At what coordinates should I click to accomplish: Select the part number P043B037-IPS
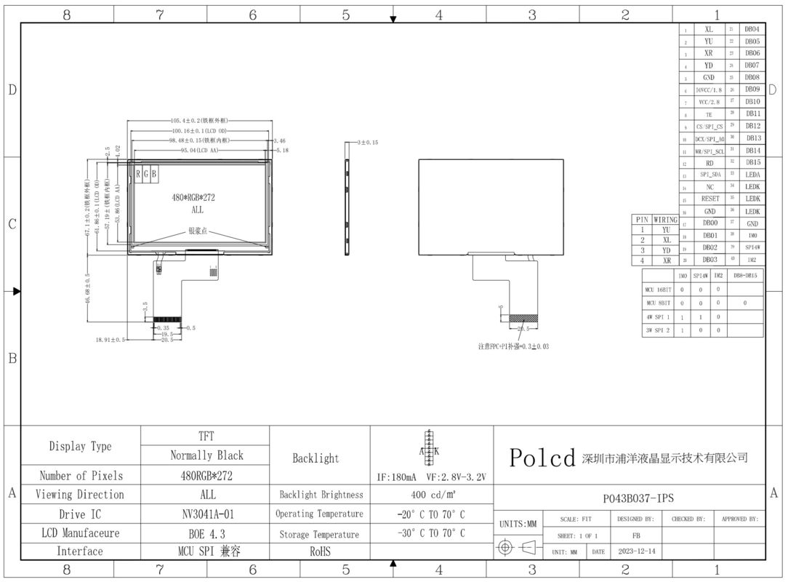[638, 498]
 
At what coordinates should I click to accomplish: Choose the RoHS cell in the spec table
[320, 551]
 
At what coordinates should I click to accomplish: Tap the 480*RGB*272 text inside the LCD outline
[193, 197]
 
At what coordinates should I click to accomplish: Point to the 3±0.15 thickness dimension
[367, 143]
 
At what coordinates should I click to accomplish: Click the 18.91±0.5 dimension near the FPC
[110, 340]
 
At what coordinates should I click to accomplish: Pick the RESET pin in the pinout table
[709, 199]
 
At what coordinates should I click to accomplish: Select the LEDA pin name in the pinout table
[752, 175]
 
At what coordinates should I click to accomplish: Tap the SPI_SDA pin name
[709, 175]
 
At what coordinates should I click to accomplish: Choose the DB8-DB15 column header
[745, 276]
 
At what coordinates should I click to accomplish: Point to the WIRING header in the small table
[665, 219]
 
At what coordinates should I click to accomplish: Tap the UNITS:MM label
[518, 524]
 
